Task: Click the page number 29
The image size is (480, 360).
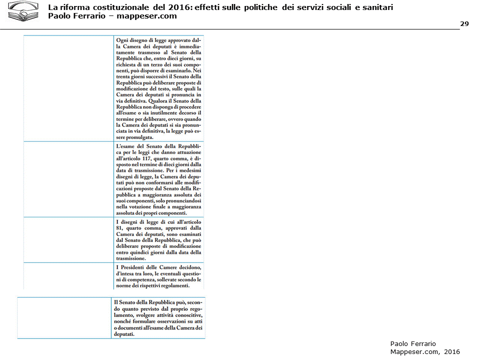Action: tap(464, 24)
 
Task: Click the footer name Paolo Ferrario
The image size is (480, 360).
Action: tap(413, 343)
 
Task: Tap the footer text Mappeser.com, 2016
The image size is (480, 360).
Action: tap(424, 351)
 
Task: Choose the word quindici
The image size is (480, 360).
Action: tap(140, 252)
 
